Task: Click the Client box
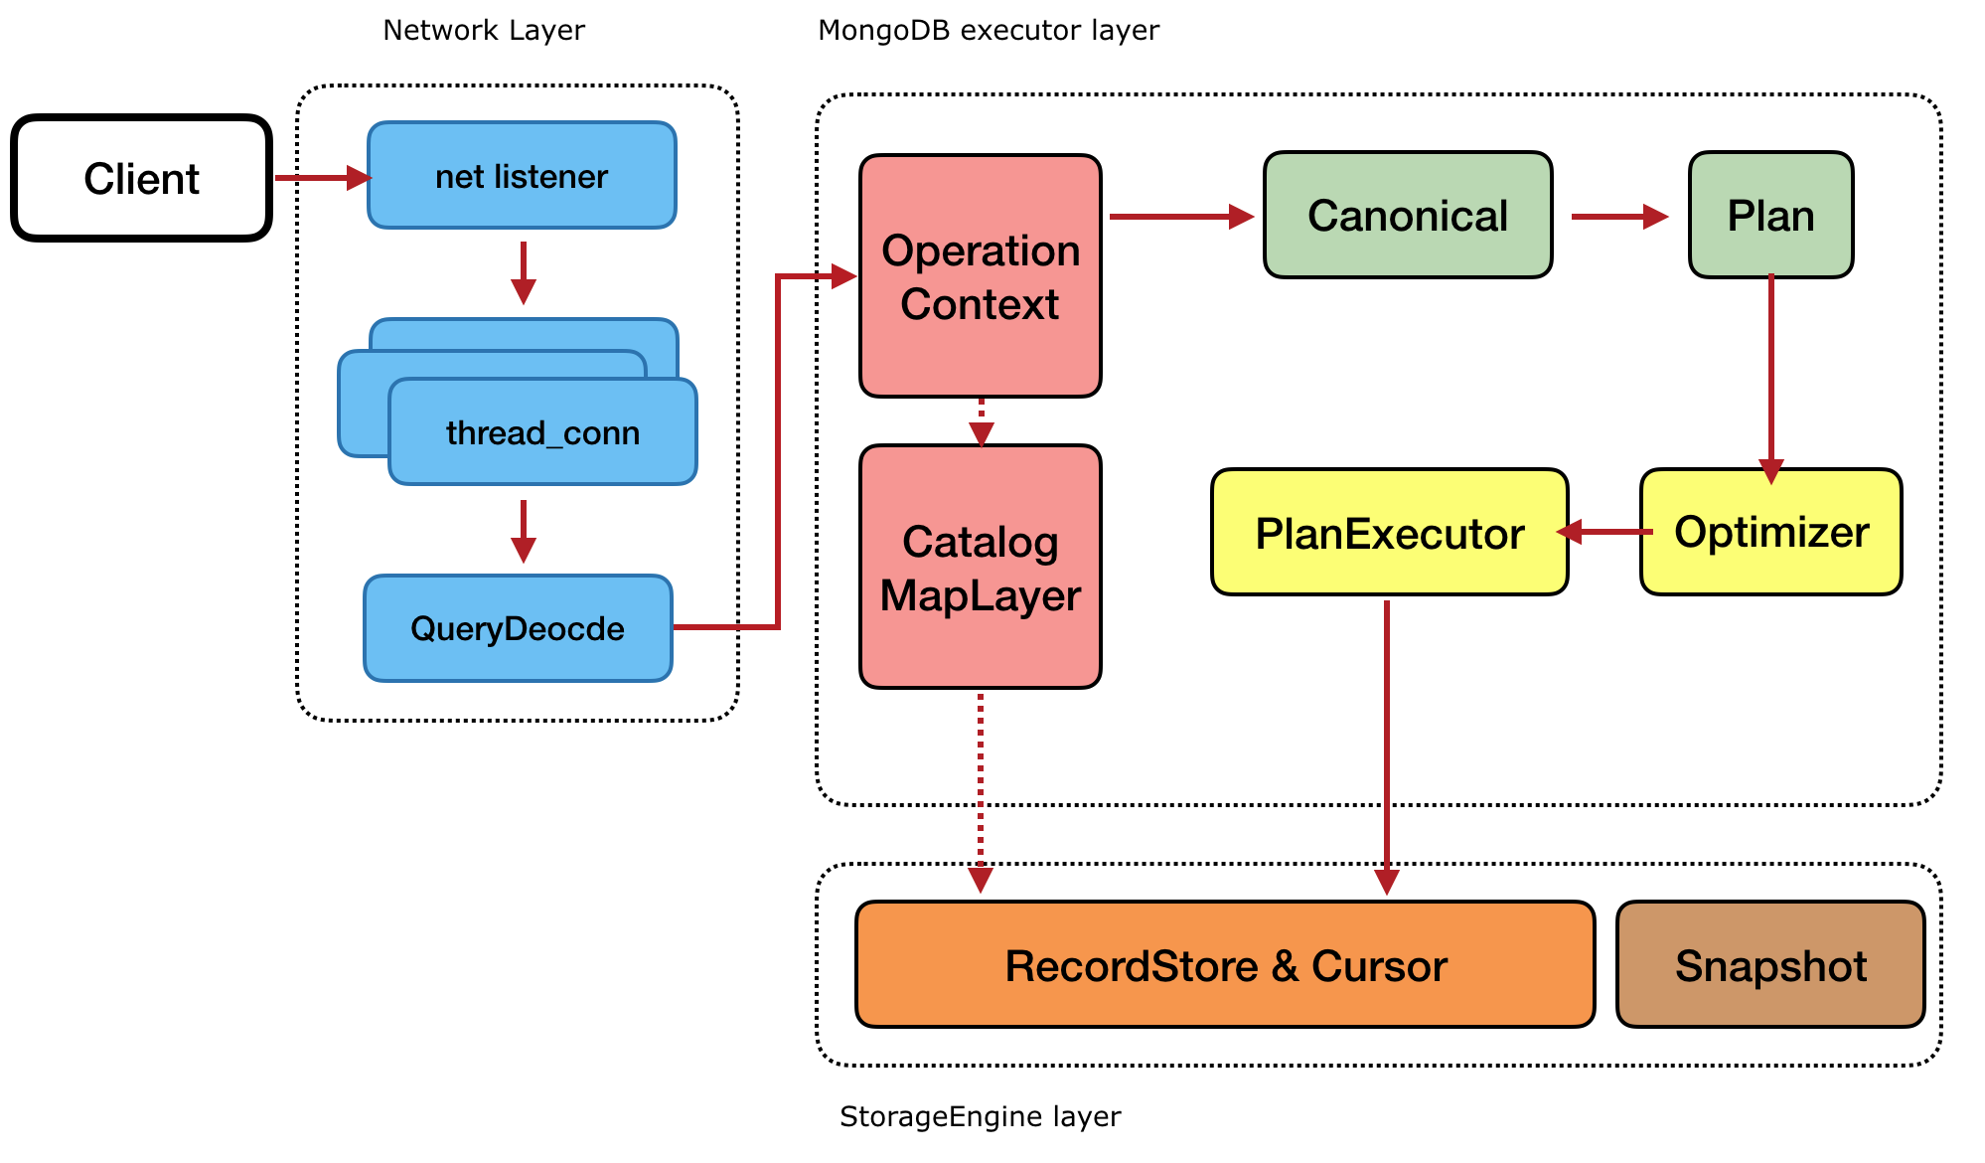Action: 141,178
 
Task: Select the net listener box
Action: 522,176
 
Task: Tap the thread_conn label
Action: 542,432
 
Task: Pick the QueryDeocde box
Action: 518,628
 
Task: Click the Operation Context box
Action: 980,276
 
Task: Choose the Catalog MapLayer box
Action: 980,568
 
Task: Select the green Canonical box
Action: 1407,216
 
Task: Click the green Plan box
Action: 1770,216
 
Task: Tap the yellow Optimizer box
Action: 1770,532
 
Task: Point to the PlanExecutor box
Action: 1389,533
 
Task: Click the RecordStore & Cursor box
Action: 1225,965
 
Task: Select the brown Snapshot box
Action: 1770,965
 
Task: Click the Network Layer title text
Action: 484,31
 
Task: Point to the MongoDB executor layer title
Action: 988,31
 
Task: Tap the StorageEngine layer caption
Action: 980,1116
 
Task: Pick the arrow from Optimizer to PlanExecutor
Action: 1604,532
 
